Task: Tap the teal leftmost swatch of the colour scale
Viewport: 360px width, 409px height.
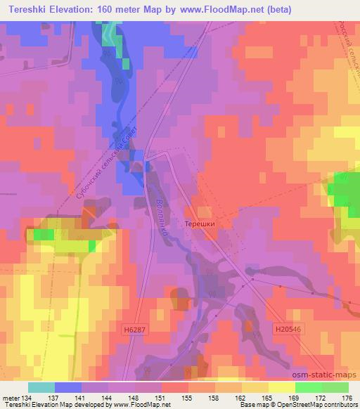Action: (41, 387)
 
